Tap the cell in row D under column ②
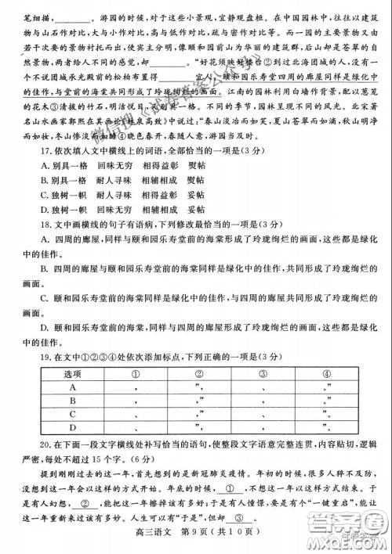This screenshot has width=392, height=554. [x=200, y=427]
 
